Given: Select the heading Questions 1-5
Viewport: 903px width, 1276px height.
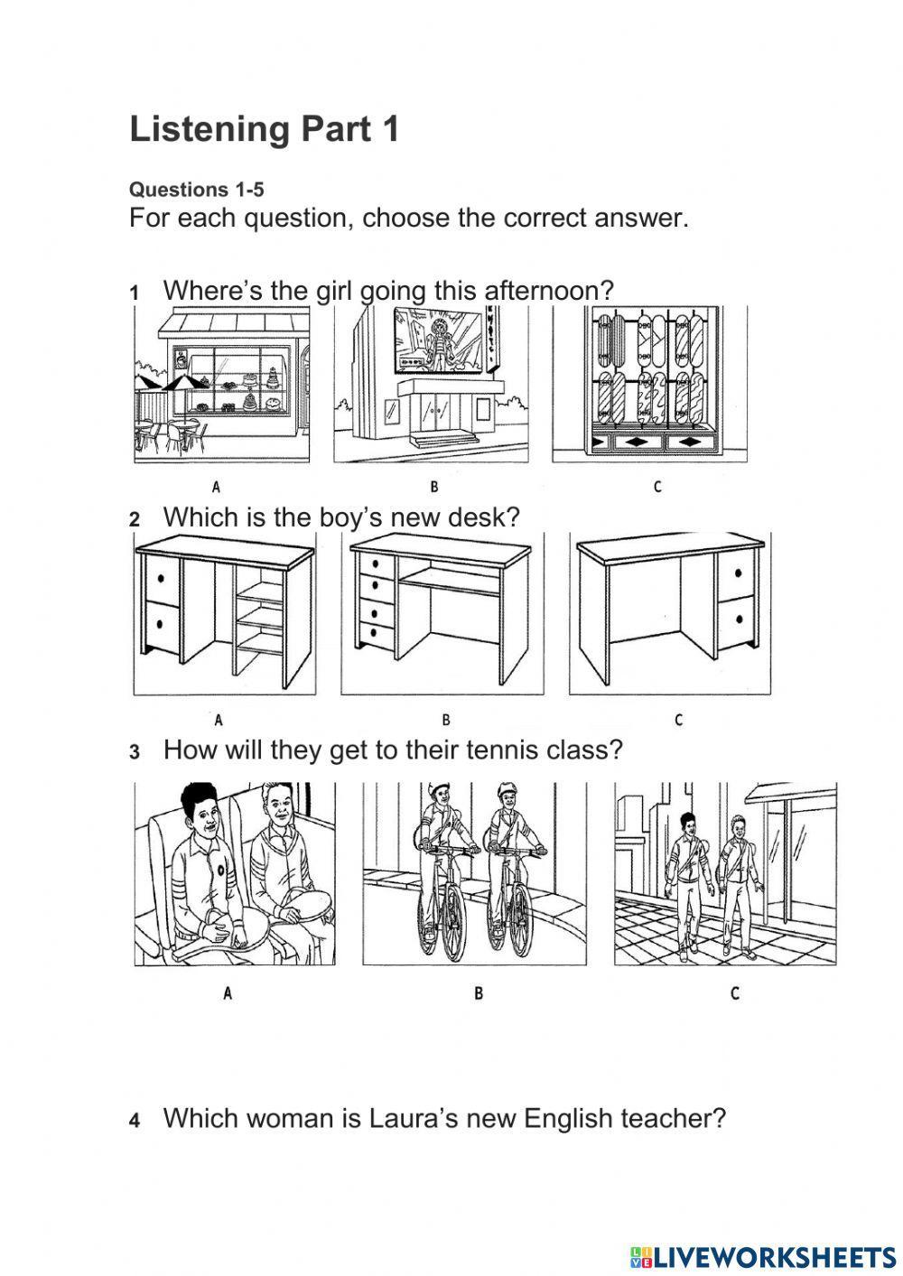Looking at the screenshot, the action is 197,190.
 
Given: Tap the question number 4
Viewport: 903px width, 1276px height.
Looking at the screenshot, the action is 135,1121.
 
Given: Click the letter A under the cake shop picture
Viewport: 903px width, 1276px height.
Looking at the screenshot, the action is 216,487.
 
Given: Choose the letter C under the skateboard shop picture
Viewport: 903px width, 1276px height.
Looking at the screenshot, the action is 657,487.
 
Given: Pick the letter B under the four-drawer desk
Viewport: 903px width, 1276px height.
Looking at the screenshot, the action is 446,720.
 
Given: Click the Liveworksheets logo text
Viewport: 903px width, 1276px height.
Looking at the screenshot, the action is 762,1255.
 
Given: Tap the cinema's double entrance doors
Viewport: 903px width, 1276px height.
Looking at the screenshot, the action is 436,412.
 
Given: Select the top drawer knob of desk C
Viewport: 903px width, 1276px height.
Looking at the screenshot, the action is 739,573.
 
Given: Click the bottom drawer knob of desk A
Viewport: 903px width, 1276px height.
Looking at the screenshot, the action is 160,624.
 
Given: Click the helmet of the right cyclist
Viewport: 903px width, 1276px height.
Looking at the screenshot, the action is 506,790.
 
